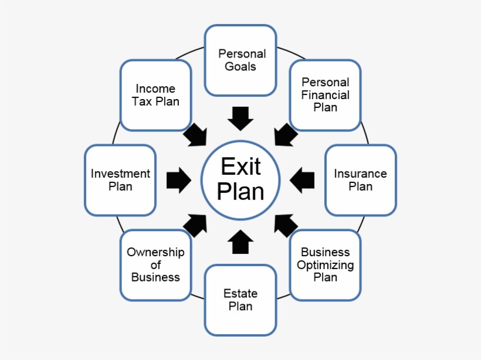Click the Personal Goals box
point(240,60)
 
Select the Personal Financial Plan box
point(325,95)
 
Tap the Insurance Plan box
point(360,180)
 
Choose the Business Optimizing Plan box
point(325,265)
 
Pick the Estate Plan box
point(240,300)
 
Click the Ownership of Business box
point(155,265)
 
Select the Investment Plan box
point(120,180)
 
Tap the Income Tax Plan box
point(155,95)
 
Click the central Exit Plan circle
point(240,180)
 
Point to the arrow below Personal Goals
point(240,118)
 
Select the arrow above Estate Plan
point(240,242)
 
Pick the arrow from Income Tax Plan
point(196,135)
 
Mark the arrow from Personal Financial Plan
point(285,135)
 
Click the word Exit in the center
point(240,167)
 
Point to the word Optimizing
point(325,265)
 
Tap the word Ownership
point(155,253)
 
